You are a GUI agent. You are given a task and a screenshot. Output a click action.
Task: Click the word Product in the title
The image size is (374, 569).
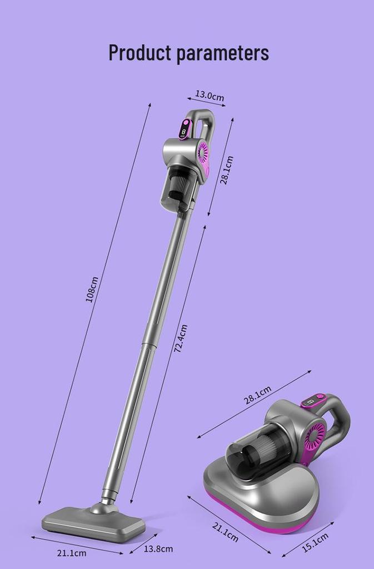[139, 53]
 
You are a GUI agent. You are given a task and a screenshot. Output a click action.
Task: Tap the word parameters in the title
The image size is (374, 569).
[223, 54]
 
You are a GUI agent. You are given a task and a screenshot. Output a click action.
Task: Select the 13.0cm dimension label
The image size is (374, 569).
[210, 96]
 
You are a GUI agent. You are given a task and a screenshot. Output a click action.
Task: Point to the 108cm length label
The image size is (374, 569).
[92, 289]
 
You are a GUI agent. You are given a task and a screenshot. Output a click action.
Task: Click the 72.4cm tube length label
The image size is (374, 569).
[181, 339]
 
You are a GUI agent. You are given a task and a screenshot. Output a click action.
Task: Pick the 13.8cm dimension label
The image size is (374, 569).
[158, 548]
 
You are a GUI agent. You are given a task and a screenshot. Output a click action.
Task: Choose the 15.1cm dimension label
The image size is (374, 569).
[315, 542]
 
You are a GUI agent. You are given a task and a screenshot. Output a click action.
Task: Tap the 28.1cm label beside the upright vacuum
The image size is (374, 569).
[227, 170]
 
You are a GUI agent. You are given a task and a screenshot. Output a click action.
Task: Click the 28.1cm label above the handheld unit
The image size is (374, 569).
[257, 395]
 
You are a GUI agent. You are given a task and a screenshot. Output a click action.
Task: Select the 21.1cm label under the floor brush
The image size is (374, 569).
[72, 553]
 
